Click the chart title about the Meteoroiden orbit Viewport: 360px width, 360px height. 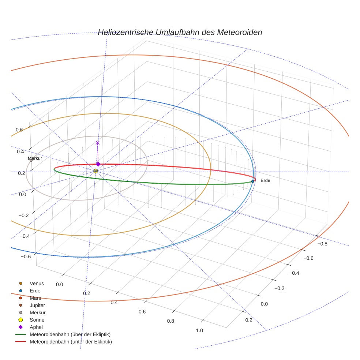point(180,32)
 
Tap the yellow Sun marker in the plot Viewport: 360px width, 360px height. point(95,171)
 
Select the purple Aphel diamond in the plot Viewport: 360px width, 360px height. point(98,164)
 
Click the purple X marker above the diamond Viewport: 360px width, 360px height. point(97,143)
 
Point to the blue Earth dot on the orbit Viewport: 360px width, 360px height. point(252,181)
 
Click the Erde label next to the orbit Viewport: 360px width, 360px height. point(265,181)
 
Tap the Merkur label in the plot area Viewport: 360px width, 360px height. point(35,158)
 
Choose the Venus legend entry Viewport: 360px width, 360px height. point(37,283)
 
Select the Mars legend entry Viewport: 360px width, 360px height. point(35,298)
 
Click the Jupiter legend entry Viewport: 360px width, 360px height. point(37,305)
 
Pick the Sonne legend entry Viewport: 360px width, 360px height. point(37,320)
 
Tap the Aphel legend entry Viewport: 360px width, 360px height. point(36,327)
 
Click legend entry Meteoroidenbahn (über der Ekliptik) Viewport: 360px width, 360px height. point(70,334)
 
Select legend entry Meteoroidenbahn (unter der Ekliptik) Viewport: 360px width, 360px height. point(71,342)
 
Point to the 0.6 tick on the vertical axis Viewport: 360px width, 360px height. point(19,130)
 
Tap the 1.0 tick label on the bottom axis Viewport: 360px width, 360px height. point(199,330)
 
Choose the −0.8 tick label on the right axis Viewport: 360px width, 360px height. point(322,244)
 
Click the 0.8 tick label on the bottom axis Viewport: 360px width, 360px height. point(170,321)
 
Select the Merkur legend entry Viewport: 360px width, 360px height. point(38,312)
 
